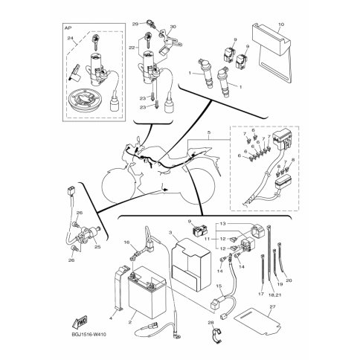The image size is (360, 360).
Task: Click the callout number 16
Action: [126, 242]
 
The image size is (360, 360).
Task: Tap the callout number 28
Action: [210, 322]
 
